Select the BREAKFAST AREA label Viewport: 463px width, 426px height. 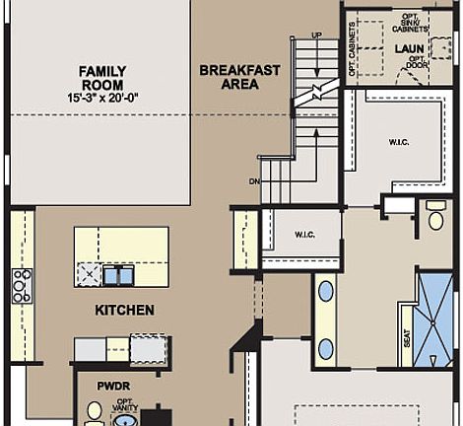tap(239, 77)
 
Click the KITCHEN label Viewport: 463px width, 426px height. tap(124, 311)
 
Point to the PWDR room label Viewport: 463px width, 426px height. tap(114, 387)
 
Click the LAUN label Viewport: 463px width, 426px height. tap(408, 47)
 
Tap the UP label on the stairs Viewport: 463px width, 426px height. tap(316, 36)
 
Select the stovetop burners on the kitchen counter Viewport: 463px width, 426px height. tap(22, 285)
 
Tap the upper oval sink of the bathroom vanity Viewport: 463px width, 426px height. tap(325, 291)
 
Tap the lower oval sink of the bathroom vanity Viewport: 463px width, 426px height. tap(325, 347)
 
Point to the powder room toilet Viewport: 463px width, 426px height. tap(96, 411)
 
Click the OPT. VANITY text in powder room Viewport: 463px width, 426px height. tap(124, 406)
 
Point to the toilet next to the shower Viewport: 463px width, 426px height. tap(435, 219)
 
